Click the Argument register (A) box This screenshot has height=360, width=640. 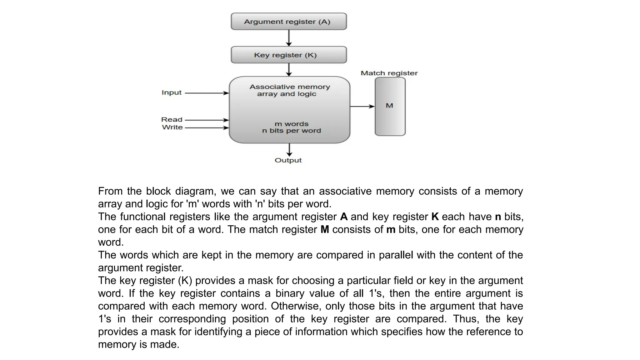[x=288, y=22]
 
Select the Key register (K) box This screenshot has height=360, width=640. [x=288, y=55]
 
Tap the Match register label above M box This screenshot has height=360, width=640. [x=389, y=73]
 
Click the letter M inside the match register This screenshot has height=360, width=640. [x=389, y=106]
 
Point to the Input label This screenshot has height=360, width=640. [x=172, y=92]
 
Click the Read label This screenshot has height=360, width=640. [x=172, y=120]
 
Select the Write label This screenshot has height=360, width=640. [x=172, y=127]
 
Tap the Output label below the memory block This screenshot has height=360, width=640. [x=288, y=160]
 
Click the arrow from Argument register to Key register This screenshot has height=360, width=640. [x=289, y=38]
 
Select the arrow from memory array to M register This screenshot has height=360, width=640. [x=362, y=107]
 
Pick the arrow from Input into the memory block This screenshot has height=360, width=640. [x=207, y=93]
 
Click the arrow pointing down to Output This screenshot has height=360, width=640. [x=289, y=150]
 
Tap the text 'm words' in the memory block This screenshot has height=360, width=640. [x=291, y=124]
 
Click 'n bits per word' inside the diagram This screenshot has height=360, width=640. [x=291, y=131]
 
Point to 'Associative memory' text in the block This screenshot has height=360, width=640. [x=290, y=87]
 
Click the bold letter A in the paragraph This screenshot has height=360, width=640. [x=344, y=217]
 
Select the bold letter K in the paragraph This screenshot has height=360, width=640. [x=435, y=217]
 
